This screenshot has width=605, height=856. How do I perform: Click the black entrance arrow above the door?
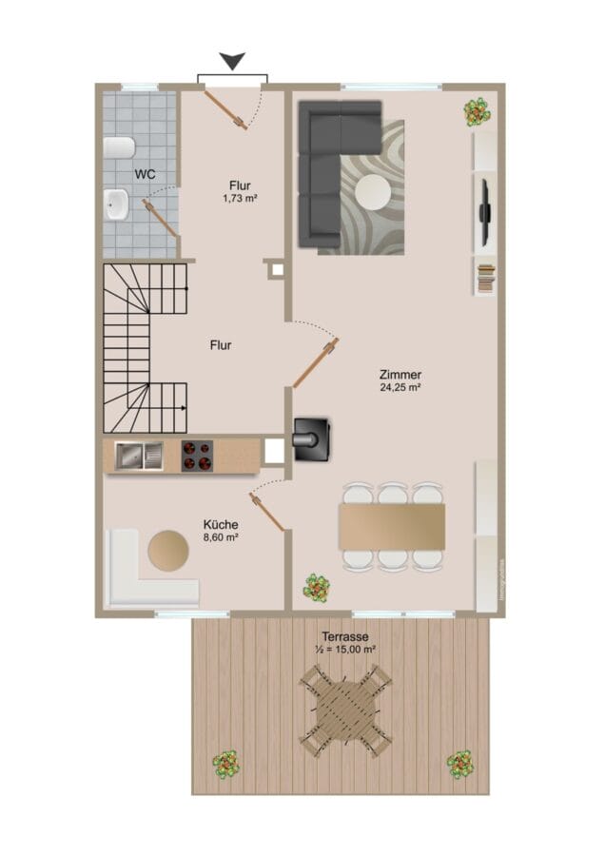pyautogui.click(x=232, y=61)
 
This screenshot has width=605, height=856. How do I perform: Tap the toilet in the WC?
pyautogui.click(x=119, y=148)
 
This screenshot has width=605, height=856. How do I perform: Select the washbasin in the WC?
pyautogui.click(x=116, y=204)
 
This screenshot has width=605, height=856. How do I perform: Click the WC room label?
pyautogui.click(x=145, y=174)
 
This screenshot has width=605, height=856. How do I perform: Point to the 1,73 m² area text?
pyautogui.click(x=240, y=198)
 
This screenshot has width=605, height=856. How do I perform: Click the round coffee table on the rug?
pyautogui.click(x=373, y=192)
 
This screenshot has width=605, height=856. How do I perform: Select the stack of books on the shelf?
pyautogui.click(x=486, y=278)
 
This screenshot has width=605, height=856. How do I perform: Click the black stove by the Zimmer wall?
pyautogui.click(x=312, y=438)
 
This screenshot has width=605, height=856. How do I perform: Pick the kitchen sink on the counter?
pyautogui.click(x=139, y=456)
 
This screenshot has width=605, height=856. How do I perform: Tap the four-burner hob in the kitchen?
pyautogui.click(x=197, y=456)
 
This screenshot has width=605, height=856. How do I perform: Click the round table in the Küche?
pyautogui.click(x=168, y=551)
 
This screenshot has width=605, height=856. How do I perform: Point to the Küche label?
pyautogui.click(x=221, y=525)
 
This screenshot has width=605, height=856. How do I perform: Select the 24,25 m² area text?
pyautogui.click(x=400, y=388)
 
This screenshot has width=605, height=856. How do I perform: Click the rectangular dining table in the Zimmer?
pyautogui.click(x=392, y=526)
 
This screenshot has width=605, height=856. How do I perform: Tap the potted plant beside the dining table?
pyautogui.click(x=317, y=588)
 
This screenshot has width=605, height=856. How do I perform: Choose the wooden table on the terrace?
pyautogui.click(x=345, y=710)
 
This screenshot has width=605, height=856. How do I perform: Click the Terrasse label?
pyautogui.click(x=345, y=636)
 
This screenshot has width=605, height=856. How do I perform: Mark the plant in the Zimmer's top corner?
pyautogui.click(x=478, y=112)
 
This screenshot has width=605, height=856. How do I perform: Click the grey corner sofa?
pyautogui.click(x=331, y=170)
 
